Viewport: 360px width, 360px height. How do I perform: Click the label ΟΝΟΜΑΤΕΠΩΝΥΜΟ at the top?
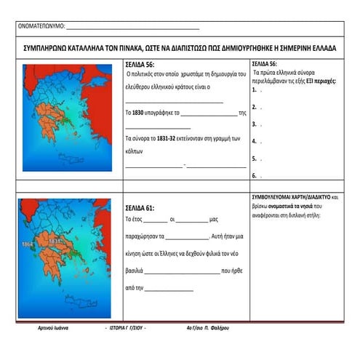40,28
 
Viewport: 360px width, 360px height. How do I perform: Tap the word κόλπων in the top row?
135,148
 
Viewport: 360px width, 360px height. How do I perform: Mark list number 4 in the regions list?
255,141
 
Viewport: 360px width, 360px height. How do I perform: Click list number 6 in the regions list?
255,175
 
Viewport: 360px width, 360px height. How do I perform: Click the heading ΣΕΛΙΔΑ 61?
140,207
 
